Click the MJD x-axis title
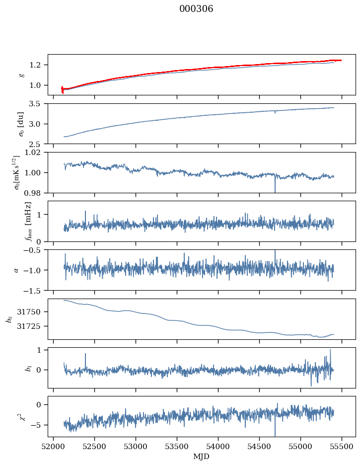point(202,457)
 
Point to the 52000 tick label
point(54,446)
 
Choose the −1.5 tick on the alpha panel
point(36,290)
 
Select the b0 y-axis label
point(8,319)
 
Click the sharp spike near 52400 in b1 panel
point(85,354)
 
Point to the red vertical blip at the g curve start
point(62,89)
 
